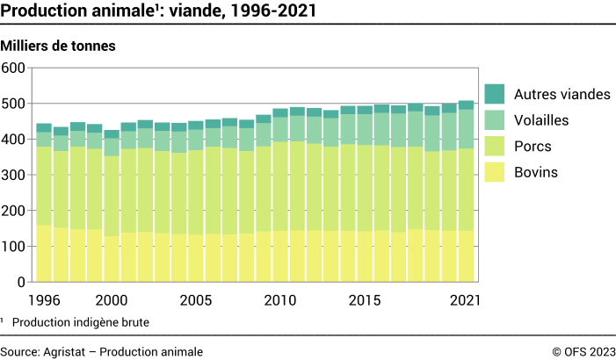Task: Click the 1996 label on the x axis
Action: click(x=44, y=299)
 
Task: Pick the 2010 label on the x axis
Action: click(x=280, y=299)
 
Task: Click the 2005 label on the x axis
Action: click(x=196, y=299)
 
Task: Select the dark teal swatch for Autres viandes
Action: click(x=495, y=94)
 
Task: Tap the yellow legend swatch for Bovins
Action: click(x=495, y=173)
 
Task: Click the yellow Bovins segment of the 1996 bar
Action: click(x=44, y=255)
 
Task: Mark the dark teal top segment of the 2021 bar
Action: click(x=466, y=104)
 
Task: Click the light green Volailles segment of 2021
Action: click(x=466, y=128)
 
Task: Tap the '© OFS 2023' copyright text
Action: click(x=583, y=351)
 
